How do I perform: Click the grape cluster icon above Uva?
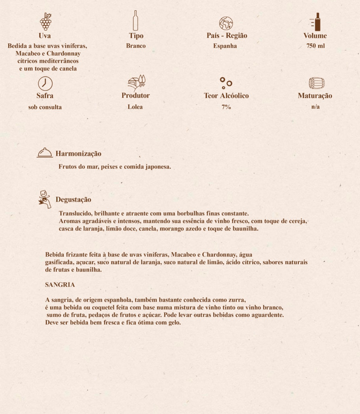tap(46, 21)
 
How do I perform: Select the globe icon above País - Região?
tap(226, 23)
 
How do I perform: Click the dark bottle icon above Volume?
tap(317, 22)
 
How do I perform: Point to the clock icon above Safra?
tap(45, 83)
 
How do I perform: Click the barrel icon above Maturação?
tap(316, 83)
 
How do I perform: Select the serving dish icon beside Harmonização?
tap(45, 153)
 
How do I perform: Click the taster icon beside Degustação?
tap(45, 199)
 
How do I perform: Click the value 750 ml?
tap(315, 46)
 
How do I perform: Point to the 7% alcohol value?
tap(226, 107)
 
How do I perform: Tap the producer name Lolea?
tap(135, 107)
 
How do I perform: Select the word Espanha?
tap(225, 46)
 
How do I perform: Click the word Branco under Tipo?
tap(136, 46)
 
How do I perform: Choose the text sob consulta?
tap(45, 107)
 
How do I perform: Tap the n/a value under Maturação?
tap(315, 107)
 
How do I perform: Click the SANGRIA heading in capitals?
tap(60, 285)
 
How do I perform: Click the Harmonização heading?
tap(79, 154)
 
